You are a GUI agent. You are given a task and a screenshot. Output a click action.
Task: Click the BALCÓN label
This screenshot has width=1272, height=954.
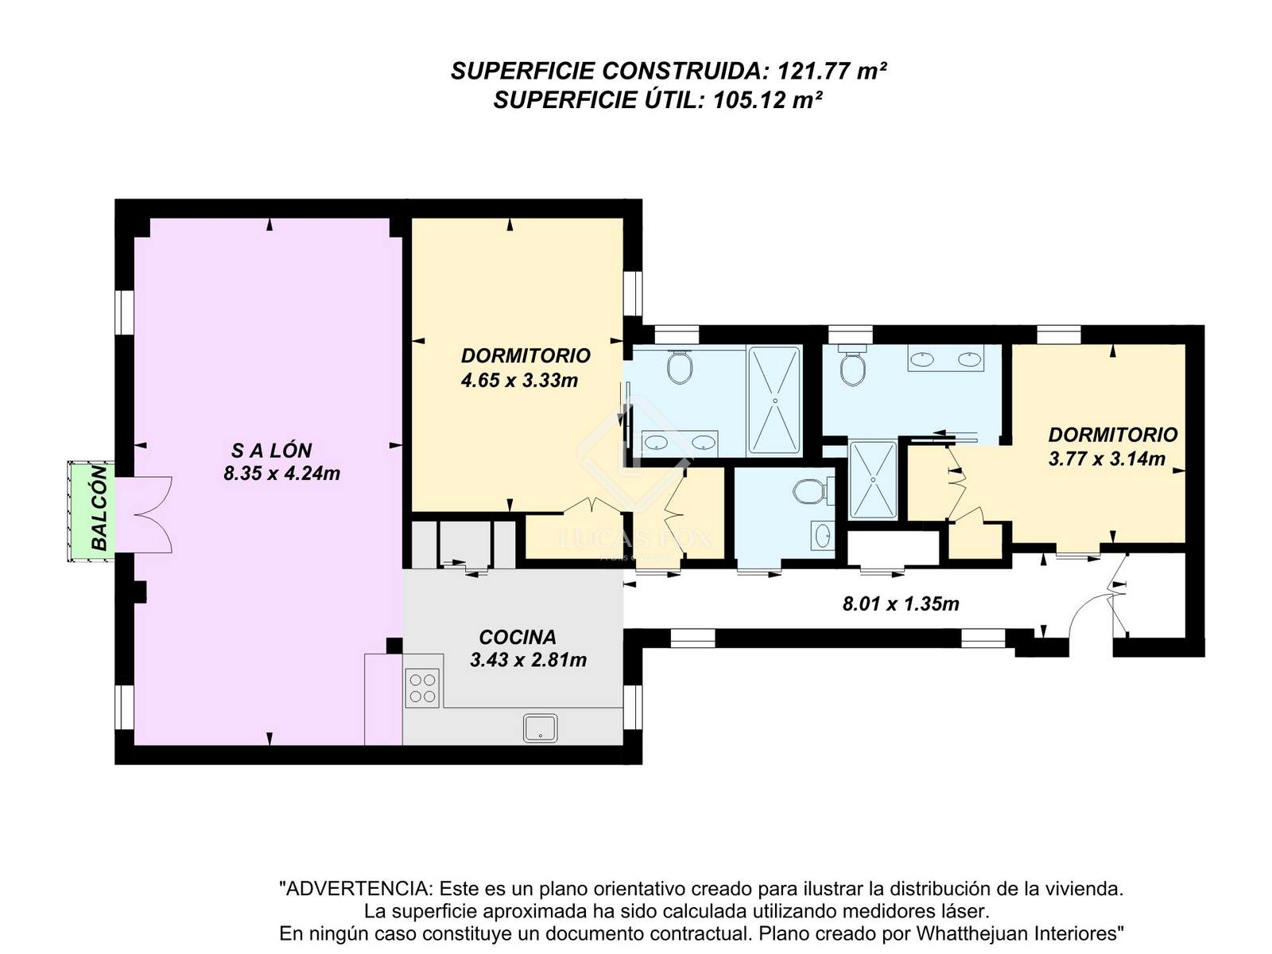[x=99, y=507]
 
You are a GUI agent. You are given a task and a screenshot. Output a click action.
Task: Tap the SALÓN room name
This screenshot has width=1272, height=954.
[x=271, y=450]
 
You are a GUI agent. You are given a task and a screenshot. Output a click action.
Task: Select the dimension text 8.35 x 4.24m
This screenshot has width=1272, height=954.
[x=281, y=473]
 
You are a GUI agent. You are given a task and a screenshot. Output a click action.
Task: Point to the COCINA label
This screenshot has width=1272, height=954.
[x=518, y=637]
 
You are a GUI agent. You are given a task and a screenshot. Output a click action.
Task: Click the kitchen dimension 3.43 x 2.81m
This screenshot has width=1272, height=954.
[x=528, y=660]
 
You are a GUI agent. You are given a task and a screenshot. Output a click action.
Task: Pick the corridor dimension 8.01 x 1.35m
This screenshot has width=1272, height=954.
[x=901, y=604]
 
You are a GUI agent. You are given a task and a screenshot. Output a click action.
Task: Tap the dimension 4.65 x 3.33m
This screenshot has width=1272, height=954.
[x=519, y=381]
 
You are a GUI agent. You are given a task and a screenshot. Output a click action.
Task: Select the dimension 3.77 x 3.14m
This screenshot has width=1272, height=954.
[x=1107, y=459]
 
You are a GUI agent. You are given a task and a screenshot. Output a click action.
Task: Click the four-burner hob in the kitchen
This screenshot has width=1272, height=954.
[x=422, y=688]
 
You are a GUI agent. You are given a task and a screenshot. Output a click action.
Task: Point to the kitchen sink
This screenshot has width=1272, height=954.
[x=540, y=728]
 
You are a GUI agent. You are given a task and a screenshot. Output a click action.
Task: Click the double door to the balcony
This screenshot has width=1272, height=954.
[x=144, y=514]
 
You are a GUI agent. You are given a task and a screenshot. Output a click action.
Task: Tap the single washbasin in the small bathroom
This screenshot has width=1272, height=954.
[x=822, y=535]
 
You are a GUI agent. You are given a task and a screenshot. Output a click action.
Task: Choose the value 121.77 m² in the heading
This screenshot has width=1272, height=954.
[x=832, y=72]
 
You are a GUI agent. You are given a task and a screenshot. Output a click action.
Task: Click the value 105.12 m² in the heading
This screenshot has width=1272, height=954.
[x=767, y=100]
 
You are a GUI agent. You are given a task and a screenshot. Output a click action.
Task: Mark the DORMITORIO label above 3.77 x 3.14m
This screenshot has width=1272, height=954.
[x=1113, y=435]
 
